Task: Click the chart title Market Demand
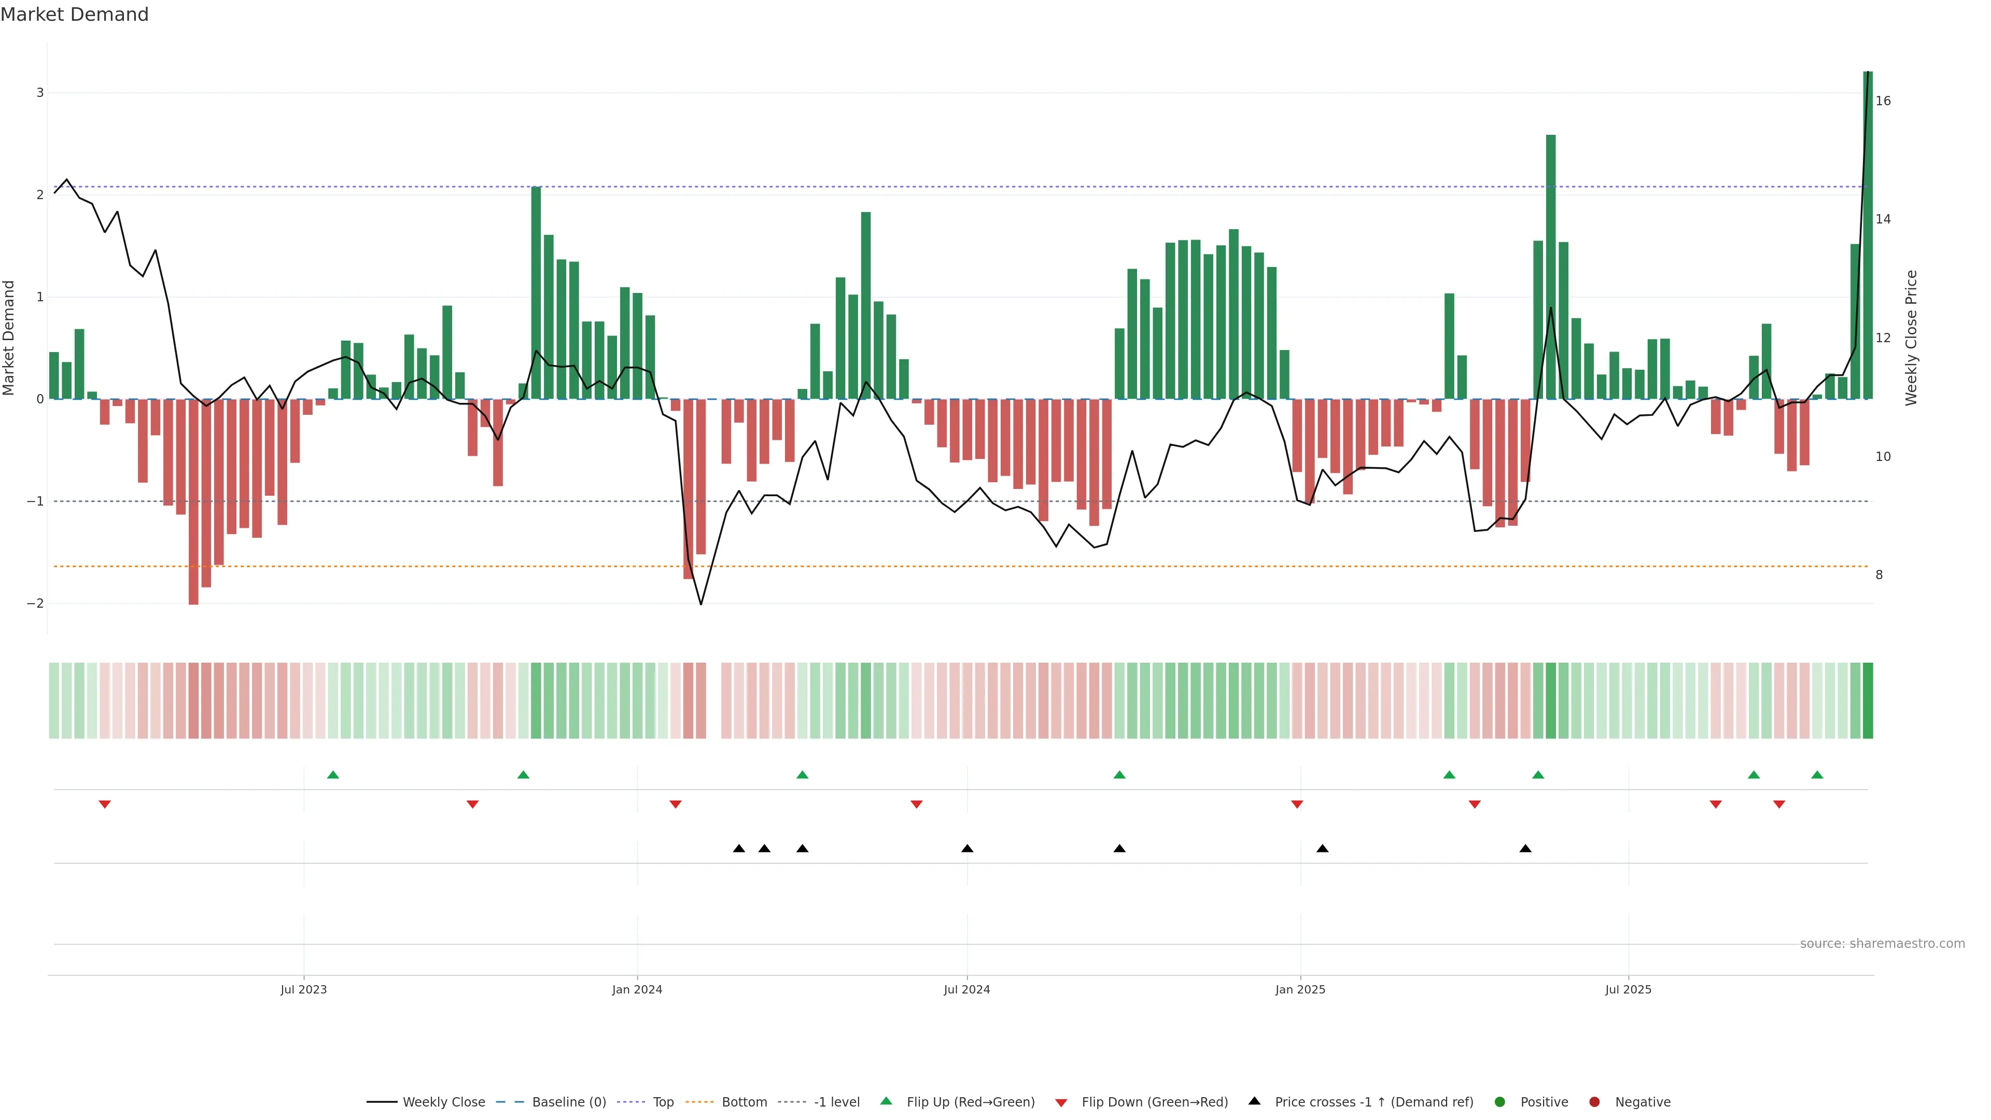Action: click(x=74, y=15)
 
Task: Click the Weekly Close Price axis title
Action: click(x=1911, y=338)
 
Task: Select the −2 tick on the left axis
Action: click(x=36, y=604)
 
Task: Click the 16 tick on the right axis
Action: click(x=1883, y=101)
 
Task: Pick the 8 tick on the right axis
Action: click(x=1879, y=575)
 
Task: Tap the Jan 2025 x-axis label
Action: click(x=1300, y=989)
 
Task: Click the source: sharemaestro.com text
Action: click(x=1882, y=944)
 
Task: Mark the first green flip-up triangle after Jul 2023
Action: click(x=333, y=775)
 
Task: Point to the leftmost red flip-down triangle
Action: click(x=105, y=805)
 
